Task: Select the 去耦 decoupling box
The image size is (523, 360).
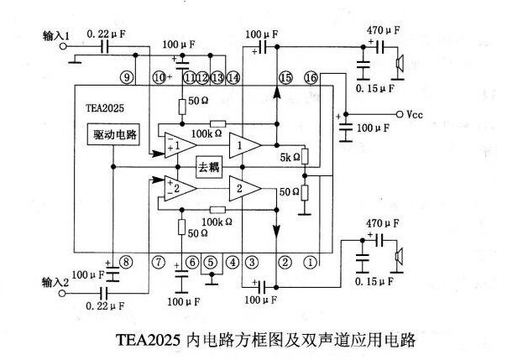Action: point(208,167)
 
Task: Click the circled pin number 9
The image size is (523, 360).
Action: point(126,78)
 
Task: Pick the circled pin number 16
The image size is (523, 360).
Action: point(311,78)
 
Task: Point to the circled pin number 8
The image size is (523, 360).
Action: point(126,262)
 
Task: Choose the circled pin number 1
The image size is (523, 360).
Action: point(310,262)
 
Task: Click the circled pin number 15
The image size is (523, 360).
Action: point(285,78)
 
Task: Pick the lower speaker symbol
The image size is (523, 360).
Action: point(402,257)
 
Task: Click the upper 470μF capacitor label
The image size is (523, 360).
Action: point(383,31)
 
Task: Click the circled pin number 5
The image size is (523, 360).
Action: point(211,262)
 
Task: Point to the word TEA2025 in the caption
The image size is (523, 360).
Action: point(149,342)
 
